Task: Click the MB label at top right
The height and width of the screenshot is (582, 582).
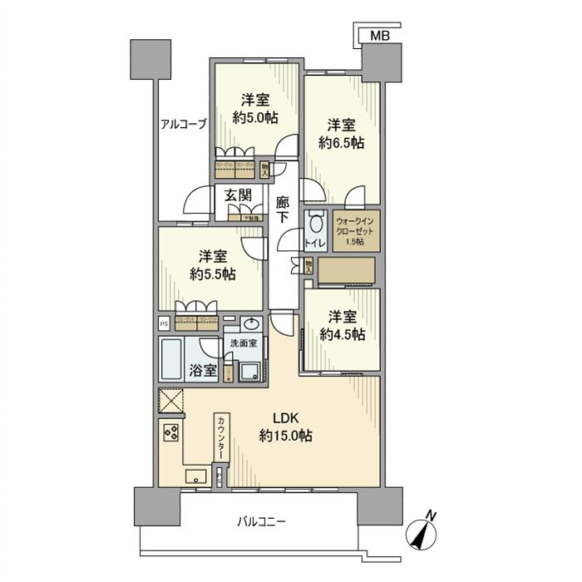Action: click(380, 36)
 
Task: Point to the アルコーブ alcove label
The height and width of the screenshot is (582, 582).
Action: click(184, 126)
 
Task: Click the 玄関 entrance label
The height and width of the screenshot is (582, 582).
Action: click(238, 195)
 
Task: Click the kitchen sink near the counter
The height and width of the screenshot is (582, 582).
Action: click(196, 476)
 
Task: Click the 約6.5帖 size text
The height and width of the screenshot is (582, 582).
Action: click(342, 142)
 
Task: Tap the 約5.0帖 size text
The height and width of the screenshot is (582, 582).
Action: click(255, 117)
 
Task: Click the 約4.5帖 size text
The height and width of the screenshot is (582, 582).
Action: click(342, 335)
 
